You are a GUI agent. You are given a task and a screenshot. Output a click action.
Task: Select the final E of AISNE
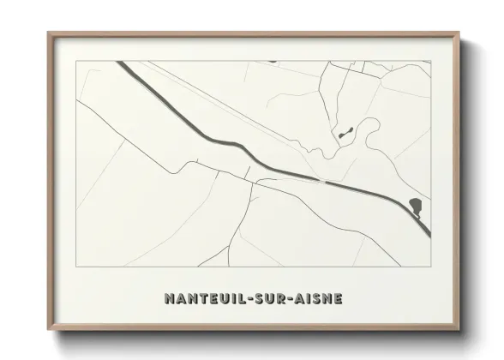(339, 299)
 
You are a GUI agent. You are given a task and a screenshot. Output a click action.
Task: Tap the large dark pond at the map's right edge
(416, 206)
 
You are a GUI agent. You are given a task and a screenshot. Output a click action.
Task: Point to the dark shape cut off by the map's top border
(272, 62)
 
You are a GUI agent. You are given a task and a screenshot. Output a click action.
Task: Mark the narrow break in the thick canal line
(327, 182)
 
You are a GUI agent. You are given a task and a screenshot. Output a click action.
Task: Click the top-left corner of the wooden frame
(48, 33)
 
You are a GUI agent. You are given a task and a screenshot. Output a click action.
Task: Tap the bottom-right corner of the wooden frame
(459, 332)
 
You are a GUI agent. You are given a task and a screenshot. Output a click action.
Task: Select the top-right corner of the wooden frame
(459, 33)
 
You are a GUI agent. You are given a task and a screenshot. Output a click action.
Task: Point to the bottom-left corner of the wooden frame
(48, 332)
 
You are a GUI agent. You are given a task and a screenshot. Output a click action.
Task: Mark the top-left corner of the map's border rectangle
(76, 61)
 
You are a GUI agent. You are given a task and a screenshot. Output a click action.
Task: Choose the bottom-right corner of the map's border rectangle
(430, 243)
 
